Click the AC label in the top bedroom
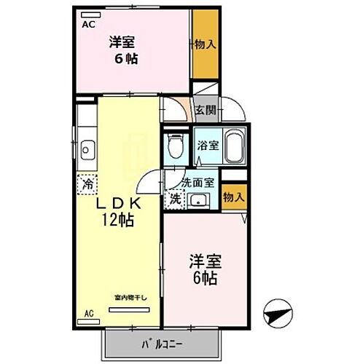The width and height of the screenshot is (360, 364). tap(88, 24)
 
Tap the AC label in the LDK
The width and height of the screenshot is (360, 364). tap(89, 314)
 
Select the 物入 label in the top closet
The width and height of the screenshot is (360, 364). tap(205, 44)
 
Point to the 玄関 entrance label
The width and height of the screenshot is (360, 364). tap(206, 111)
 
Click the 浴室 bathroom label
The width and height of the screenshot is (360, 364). tap(207, 144)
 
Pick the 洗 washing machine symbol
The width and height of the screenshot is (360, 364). tap(175, 197)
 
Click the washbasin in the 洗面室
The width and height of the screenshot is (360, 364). tap(197, 200)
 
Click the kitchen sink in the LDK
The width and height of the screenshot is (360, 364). tap(86, 151)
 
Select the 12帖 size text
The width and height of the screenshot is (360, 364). tap(118, 221)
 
